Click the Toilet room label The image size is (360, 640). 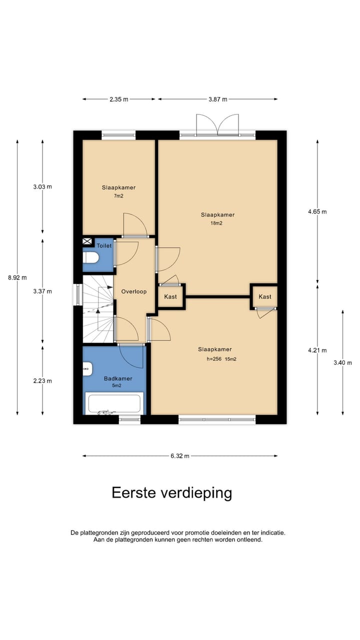(104, 246)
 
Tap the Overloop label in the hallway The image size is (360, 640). (133, 291)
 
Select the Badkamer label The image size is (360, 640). (115, 379)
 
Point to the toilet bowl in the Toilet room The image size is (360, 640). (91, 258)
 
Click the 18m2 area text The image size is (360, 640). (216, 223)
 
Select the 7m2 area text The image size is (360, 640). (118, 196)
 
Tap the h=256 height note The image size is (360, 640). (214, 359)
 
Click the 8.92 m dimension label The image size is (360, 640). (17, 278)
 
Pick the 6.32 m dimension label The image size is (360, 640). (179, 456)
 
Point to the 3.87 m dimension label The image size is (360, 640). (217, 99)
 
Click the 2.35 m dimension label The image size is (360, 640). (118, 99)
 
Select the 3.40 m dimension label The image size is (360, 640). (342, 363)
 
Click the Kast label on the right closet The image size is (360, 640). (265, 297)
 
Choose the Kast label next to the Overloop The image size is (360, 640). (170, 297)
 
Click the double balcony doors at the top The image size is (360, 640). (217, 125)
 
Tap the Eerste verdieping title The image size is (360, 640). (171, 493)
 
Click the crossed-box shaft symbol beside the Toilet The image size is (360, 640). (87, 242)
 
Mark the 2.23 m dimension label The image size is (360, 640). (42, 381)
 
